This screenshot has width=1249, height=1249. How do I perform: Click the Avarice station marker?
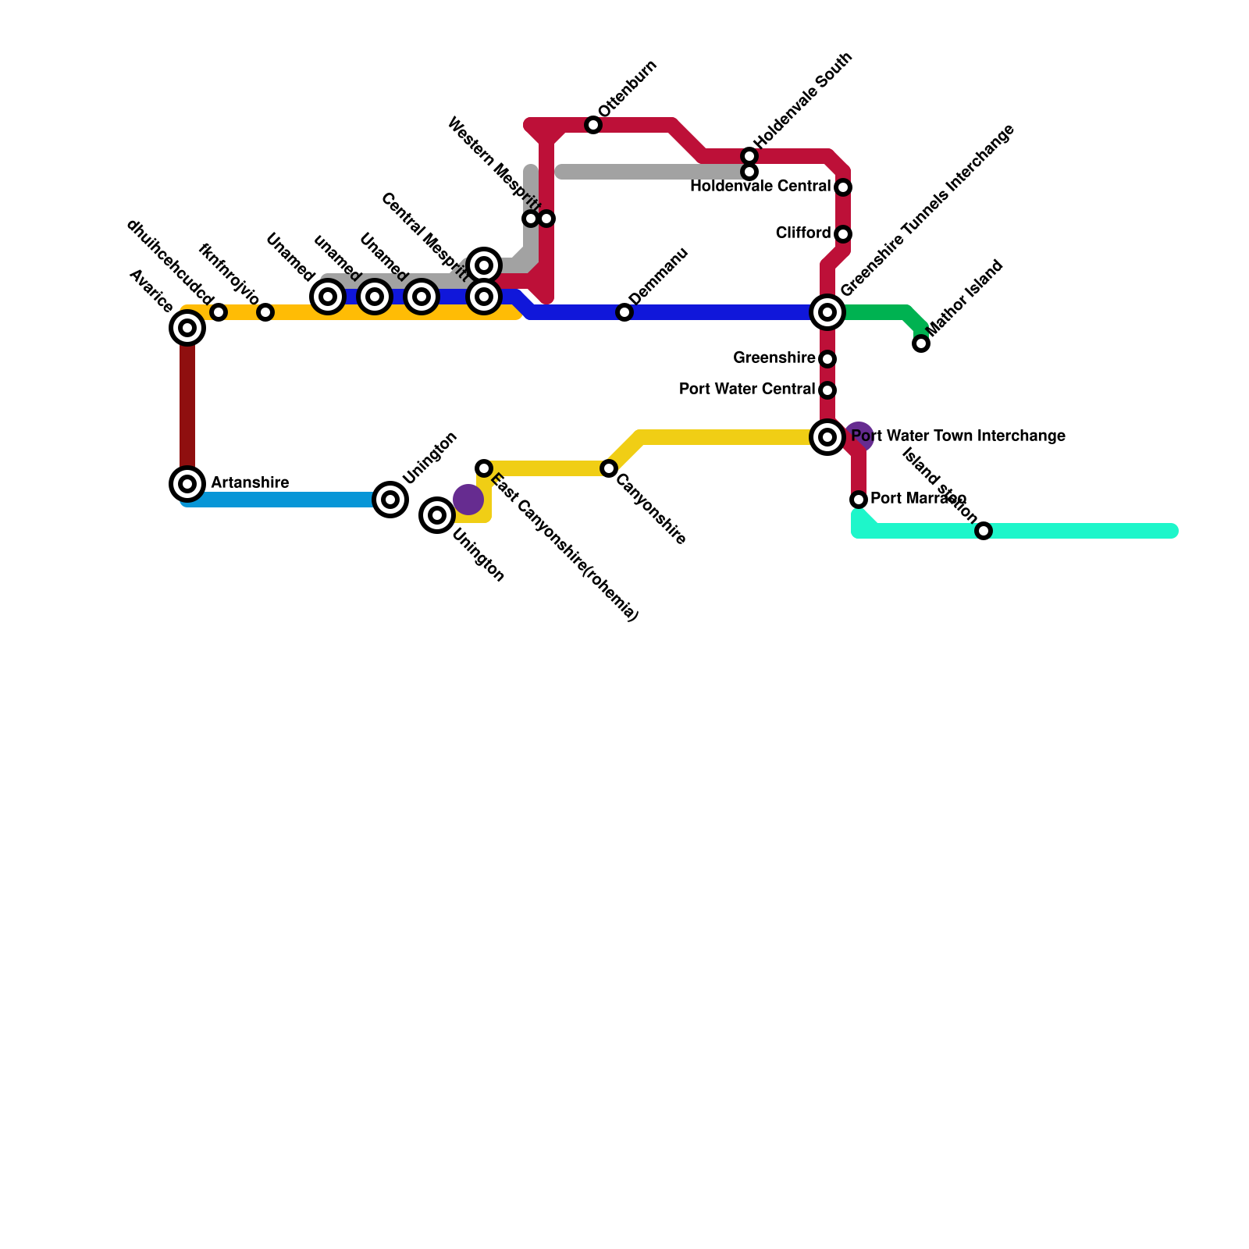[x=187, y=328]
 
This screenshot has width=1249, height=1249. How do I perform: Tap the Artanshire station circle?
[x=187, y=484]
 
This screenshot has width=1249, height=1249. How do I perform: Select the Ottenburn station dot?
[x=593, y=125]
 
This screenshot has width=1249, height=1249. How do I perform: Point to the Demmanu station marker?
[x=624, y=312]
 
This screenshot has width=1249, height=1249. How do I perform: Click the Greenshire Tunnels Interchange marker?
[x=827, y=312]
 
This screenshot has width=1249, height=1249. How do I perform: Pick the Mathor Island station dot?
[x=921, y=343]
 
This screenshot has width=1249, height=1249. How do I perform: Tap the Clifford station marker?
[x=843, y=234]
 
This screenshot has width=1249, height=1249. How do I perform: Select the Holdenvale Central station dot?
[x=843, y=187]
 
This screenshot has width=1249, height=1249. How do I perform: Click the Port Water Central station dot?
[x=827, y=390]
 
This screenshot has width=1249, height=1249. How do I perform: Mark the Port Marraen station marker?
[x=859, y=500]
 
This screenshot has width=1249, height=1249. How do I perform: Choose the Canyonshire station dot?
[x=609, y=468]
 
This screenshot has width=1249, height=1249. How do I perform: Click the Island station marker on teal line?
[x=984, y=531]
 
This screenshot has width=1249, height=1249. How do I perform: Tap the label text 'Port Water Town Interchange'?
[x=959, y=436]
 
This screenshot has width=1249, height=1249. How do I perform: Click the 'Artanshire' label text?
[x=250, y=483]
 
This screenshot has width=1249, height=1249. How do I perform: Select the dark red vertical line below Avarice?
[x=187, y=406]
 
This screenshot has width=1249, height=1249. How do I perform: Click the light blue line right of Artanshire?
[x=281, y=500]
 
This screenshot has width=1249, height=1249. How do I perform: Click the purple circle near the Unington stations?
[x=468, y=500]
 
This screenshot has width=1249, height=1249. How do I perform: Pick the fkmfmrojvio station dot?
[x=265, y=312]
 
